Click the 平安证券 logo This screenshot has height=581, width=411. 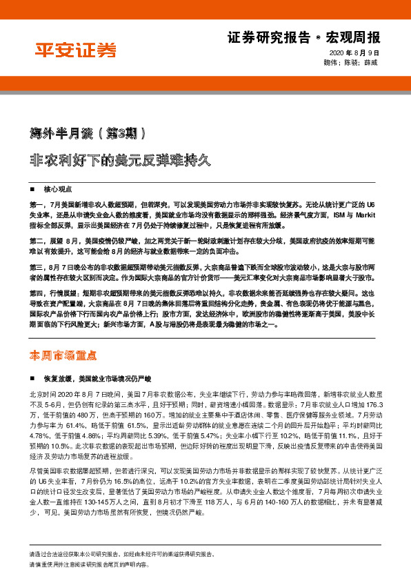tap(76, 50)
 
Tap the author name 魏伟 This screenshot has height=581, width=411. tap(330, 62)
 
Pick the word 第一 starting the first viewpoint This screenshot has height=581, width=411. tap(37, 206)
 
